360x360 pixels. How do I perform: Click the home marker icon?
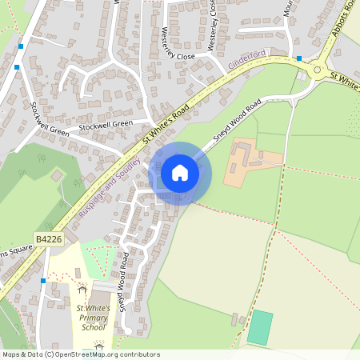tap(180, 173)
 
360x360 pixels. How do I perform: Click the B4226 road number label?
tap(48, 238)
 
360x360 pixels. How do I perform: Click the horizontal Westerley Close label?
tap(178, 57)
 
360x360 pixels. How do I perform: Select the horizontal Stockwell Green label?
tap(106, 126)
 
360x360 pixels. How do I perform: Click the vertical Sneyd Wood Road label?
tap(125, 281)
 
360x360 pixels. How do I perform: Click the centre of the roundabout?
tap(318, 70)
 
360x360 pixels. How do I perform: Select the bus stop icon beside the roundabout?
tap(299, 58)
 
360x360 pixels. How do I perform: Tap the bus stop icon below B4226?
tap(42, 281)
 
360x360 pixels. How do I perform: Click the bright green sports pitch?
tap(259, 328)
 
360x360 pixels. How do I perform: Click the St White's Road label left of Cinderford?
tap(166, 122)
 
